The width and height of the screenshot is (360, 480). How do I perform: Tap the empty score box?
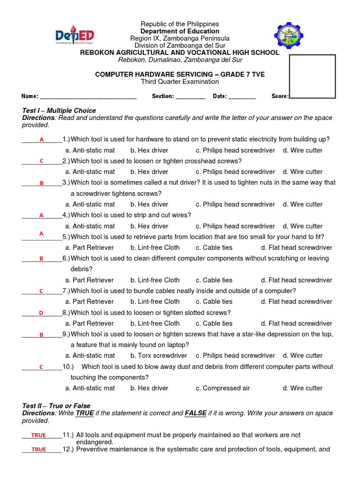tap(312, 76)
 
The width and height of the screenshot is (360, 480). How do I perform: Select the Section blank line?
tap(191, 97)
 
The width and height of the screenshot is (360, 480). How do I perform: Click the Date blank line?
tap(242, 97)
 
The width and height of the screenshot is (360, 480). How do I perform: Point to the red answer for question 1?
tap(41, 140)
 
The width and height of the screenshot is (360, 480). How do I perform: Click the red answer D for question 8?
tap(41, 313)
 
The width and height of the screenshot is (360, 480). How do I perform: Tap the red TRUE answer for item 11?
tap(38, 435)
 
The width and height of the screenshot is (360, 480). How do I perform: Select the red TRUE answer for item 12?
tap(38, 450)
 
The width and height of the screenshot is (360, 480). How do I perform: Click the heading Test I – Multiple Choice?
tap(59, 111)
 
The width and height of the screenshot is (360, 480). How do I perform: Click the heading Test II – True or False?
tap(56, 405)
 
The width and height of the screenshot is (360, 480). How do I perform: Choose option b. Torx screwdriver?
tap(158, 356)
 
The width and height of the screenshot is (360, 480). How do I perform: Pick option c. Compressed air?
tap(223, 388)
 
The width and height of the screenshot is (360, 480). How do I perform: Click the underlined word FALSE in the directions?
tap(196, 413)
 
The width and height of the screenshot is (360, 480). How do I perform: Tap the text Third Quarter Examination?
tap(180, 82)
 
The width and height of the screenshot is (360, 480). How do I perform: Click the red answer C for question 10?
tap(41, 367)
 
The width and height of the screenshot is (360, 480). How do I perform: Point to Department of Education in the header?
tap(180, 31)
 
